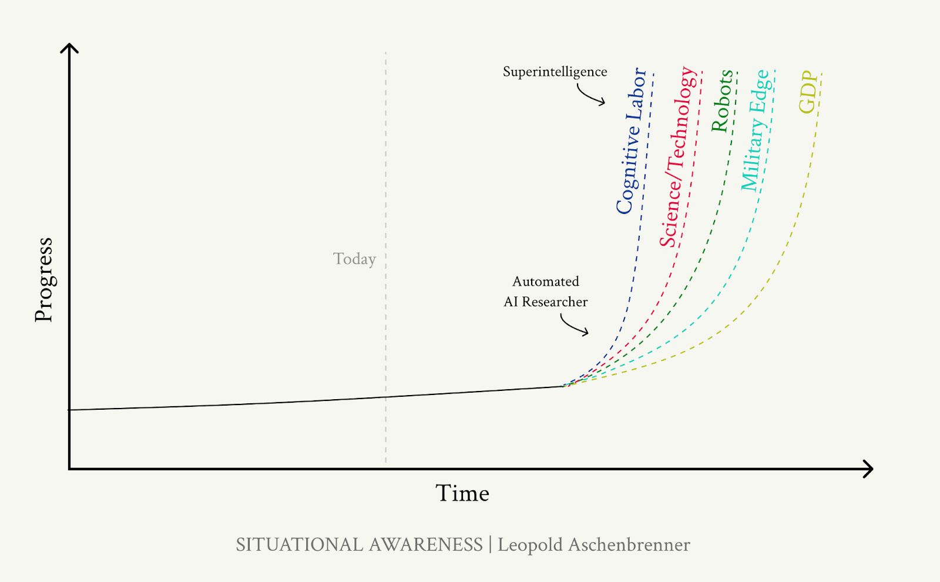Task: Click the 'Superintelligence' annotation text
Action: click(x=555, y=72)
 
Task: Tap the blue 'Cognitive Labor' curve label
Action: click(x=631, y=141)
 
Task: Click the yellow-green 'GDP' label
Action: click(x=808, y=92)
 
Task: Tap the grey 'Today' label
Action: click(x=354, y=259)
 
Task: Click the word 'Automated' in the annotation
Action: click(x=546, y=282)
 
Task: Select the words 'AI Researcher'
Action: click(x=546, y=302)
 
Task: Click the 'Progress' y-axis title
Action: click(x=44, y=280)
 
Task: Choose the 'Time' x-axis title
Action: click(x=462, y=493)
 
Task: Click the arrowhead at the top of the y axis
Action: click(x=69, y=47)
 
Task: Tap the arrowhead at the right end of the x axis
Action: click(x=869, y=469)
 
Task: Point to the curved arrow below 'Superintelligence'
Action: click(x=590, y=95)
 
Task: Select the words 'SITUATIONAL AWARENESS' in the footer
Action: click(x=359, y=545)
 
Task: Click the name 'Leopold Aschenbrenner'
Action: click(x=593, y=545)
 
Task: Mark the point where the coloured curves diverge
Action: click(x=564, y=386)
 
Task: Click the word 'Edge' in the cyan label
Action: click(x=761, y=91)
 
